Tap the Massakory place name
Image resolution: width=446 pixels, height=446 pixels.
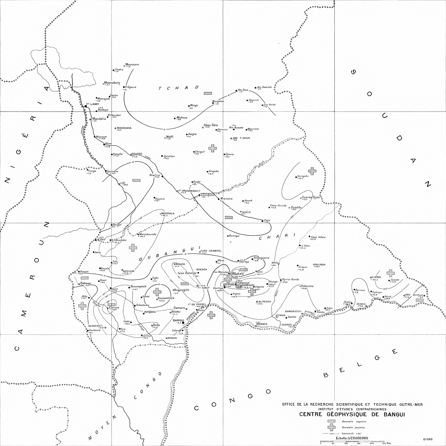pos(112,83)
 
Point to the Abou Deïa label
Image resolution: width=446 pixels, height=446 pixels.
pos(210,125)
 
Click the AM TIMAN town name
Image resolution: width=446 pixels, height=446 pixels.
pos(241,138)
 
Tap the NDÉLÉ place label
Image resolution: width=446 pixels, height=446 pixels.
pos(246,212)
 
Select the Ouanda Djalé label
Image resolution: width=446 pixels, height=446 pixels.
pos(311,197)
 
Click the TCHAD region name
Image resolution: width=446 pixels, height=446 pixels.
pos(178,88)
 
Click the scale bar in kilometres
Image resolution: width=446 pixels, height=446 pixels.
pos(352,441)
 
